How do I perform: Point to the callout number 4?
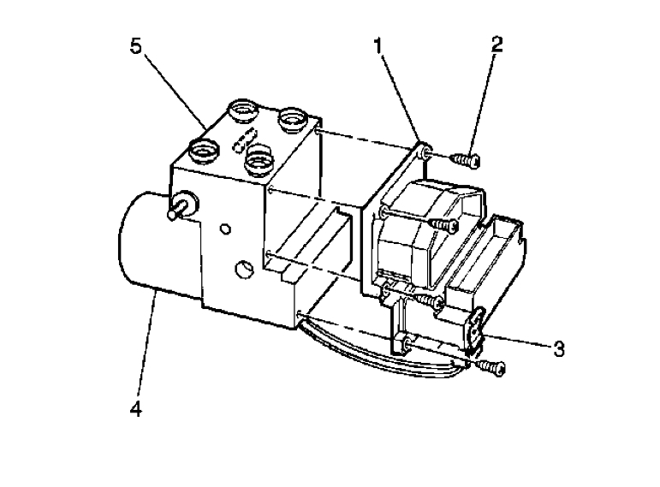point(135,407)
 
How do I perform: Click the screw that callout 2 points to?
point(465,158)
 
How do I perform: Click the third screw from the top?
point(430,299)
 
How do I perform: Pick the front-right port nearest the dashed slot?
point(258,157)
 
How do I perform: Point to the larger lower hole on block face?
point(242,271)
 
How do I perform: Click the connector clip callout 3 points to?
point(475,329)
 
